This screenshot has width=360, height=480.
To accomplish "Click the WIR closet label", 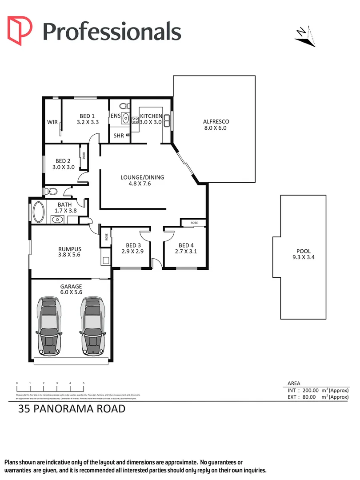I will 52,122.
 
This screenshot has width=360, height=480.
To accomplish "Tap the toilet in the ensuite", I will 124,106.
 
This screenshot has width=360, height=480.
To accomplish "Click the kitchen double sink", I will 168,120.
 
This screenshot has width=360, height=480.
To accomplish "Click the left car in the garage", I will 50,326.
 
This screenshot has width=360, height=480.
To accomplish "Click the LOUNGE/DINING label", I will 142,177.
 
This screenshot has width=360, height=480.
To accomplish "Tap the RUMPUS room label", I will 69,249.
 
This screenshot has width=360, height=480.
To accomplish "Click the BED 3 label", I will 133,245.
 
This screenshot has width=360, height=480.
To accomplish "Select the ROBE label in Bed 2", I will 83,156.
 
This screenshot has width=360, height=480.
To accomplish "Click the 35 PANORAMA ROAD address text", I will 72,408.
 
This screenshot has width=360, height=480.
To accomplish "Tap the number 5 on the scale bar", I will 84,383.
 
